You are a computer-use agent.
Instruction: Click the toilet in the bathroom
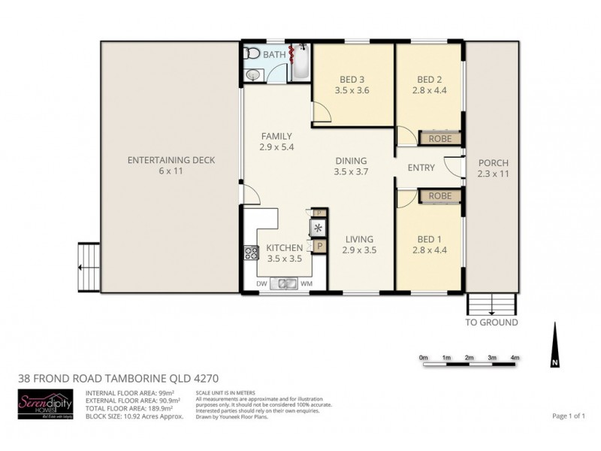tap(252, 54)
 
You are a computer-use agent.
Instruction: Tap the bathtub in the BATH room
tap(300, 63)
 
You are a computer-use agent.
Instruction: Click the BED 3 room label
tap(352, 80)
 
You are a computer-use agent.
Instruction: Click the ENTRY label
tap(421, 168)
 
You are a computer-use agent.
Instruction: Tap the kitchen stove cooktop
tap(249, 254)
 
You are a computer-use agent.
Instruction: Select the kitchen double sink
tap(287, 283)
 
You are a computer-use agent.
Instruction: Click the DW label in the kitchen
tap(262, 283)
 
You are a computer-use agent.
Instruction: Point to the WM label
tap(307, 283)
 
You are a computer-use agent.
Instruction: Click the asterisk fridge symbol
tap(318, 229)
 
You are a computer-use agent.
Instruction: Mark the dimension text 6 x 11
tap(171, 171)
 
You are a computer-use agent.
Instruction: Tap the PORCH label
tap(493, 163)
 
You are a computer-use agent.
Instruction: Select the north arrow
tap(554, 346)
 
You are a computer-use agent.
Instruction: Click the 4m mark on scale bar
tap(515, 357)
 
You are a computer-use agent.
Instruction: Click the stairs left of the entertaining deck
tap(89, 268)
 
